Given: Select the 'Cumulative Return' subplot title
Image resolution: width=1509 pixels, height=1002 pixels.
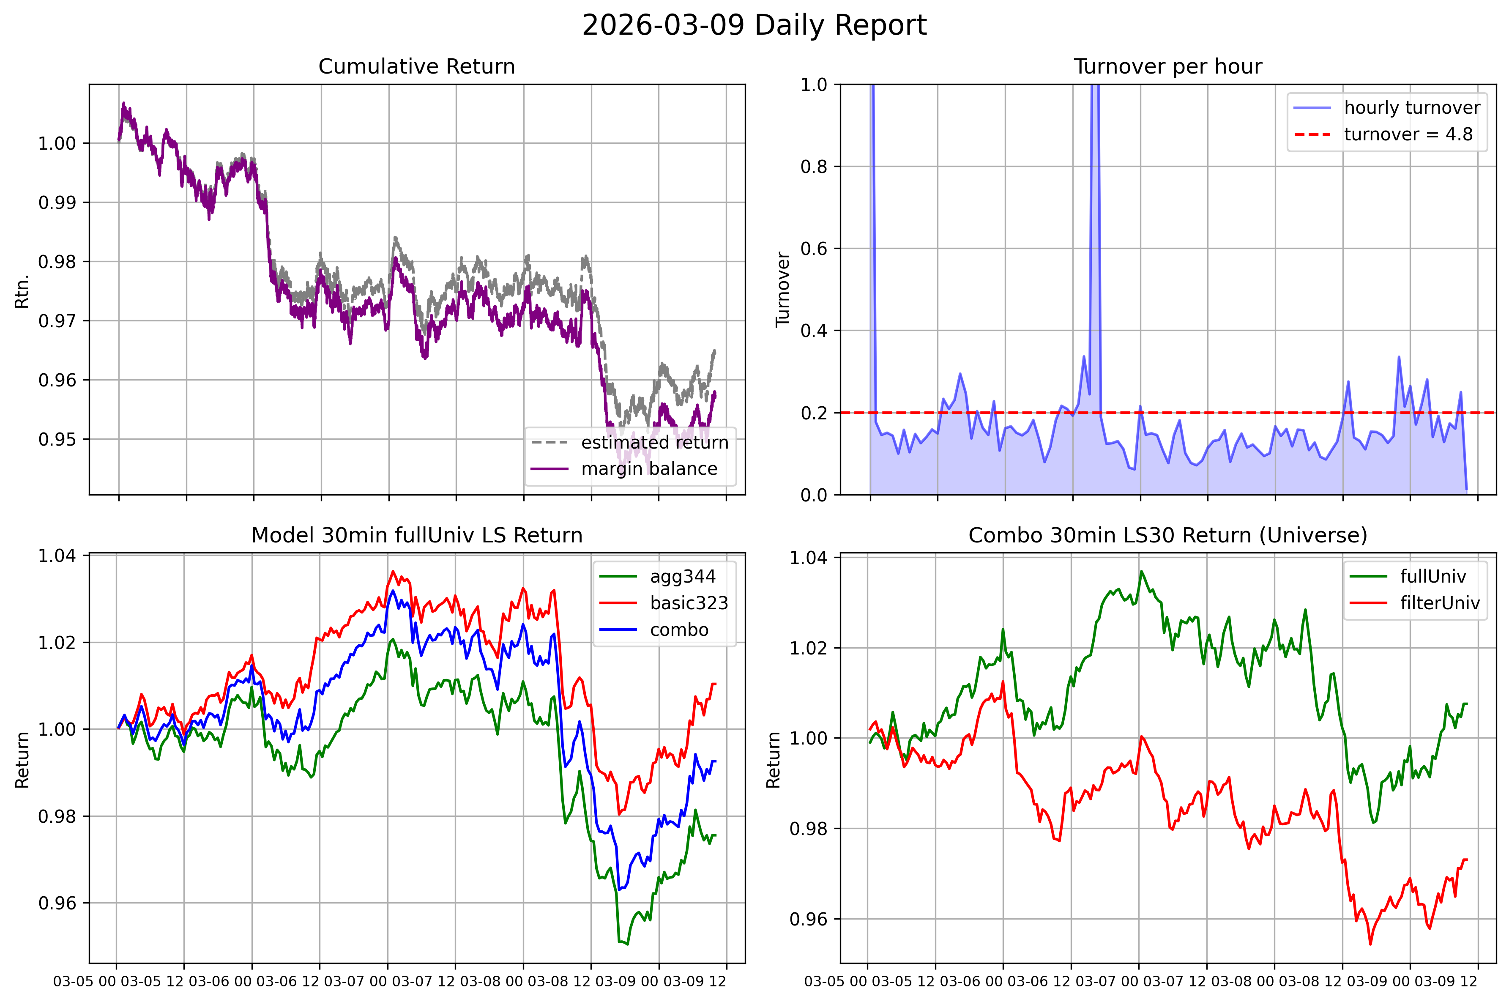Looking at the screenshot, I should click(x=416, y=66).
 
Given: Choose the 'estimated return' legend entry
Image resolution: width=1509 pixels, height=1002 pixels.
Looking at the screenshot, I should click(x=654, y=442).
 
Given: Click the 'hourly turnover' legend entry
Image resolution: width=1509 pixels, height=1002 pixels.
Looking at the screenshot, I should click(x=1412, y=107).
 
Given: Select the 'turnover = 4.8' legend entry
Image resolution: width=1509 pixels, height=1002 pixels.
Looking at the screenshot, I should click(x=1408, y=134).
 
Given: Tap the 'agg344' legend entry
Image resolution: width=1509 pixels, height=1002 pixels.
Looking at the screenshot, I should click(x=682, y=576).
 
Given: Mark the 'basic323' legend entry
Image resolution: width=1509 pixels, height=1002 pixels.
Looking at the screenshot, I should click(x=689, y=603).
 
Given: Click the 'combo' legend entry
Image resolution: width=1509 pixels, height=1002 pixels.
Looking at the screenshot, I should click(x=678, y=630).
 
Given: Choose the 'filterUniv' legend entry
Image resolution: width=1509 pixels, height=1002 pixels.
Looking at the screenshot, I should click(x=1439, y=603).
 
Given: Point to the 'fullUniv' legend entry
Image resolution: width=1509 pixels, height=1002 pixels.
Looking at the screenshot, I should click(x=1432, y=576).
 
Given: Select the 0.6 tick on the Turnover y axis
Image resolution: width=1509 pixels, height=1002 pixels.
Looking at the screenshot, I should click(x=815, y=249).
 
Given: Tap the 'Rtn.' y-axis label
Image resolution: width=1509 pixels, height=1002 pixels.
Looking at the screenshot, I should click(x=22, y=291).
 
